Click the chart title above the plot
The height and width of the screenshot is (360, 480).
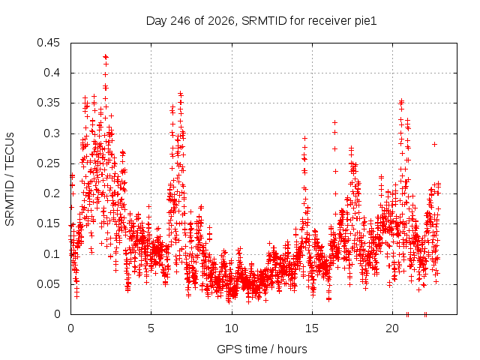(x=261, y=21)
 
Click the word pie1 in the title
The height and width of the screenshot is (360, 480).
(x=366, y=22)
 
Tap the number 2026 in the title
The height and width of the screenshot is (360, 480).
(x=221, y=21)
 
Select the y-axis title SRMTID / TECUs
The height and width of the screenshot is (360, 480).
(x=10, y=179)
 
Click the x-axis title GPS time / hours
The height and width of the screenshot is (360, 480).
(x=262, y=349)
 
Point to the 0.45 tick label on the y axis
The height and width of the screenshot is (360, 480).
(x=48, y=43)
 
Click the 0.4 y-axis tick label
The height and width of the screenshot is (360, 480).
(x=52, y=73)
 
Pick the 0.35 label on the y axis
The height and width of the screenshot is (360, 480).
(x=48, y=103)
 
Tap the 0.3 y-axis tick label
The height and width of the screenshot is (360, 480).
(x=52, y=133)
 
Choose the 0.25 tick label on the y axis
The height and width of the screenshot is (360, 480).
(x=48, y=163)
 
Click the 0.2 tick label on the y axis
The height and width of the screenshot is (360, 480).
(x=52, y=193)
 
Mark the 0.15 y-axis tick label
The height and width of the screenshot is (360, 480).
(x=48, y=223)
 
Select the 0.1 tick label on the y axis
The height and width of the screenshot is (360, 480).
(x=52, y=253)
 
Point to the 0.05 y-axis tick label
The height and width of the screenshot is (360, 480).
(x=48, y=283)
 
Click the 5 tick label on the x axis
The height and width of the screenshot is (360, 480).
(x=151, y=328)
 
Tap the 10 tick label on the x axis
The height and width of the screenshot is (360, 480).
(x=232, y=328)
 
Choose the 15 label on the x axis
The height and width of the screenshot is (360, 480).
(x=312, y=328)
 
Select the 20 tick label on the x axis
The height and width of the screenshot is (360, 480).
(x=392, y=328)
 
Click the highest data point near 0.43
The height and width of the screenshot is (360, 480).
(x=106, y=57)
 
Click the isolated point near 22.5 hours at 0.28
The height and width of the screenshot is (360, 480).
(x=434, y=144)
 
